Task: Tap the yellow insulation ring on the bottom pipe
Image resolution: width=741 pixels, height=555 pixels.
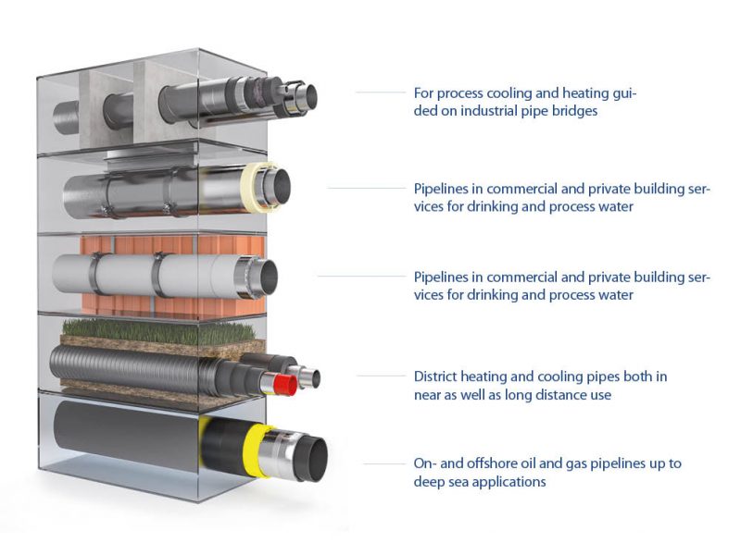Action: coord(256,450)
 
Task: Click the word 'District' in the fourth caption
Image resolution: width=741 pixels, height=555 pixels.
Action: coord(434,376)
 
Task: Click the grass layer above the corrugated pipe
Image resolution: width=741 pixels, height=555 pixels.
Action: coord(158,331)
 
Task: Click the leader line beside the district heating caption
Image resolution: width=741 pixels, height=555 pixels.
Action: coord(381,376)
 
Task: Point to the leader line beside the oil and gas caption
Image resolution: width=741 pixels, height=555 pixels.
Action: coord(384,463)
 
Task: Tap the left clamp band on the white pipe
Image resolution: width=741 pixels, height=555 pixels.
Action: coord(94,273)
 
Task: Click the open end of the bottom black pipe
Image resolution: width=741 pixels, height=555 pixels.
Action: coord(312,459)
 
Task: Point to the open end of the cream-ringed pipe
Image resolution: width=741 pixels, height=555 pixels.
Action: coord(280,188)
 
